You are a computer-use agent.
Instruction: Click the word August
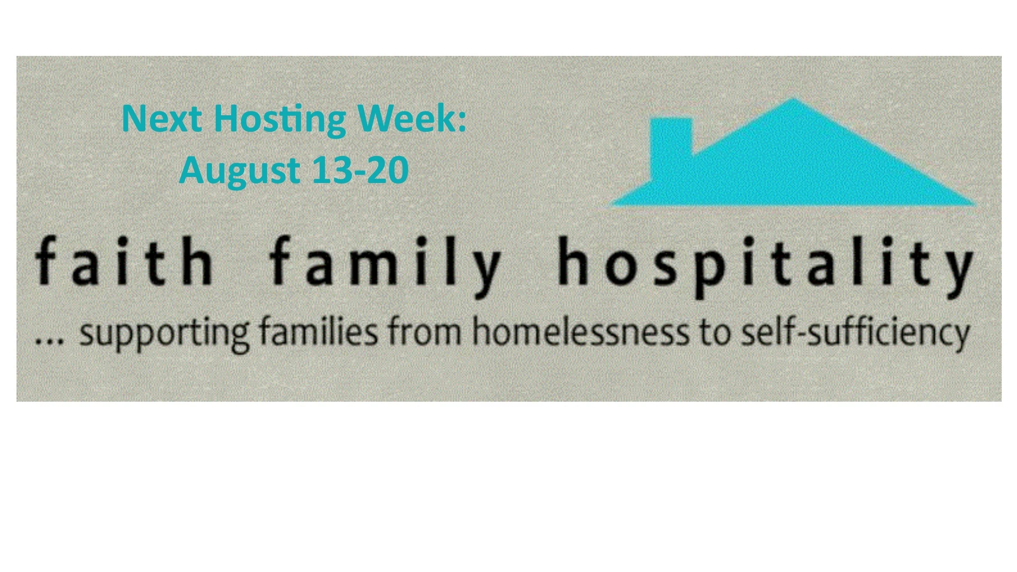coord(239,171)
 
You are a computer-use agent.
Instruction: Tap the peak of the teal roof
coord(792,102)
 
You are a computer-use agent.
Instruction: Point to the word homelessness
coord(581,333)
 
